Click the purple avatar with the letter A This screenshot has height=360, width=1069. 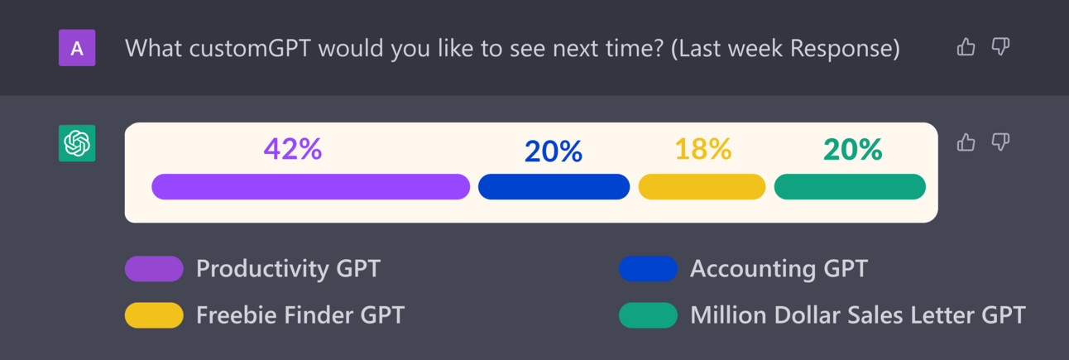[x=77, y=48]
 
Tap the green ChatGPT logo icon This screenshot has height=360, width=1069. [x=77, y=143]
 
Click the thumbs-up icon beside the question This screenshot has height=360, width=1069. [x=966, y=47]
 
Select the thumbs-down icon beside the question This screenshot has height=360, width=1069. [x=1001, y=47]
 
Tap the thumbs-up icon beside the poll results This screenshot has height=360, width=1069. [x=966, y=142]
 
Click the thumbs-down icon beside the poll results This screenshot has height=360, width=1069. [x=1001, y=142]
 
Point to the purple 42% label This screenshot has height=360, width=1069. [x=293, y=149]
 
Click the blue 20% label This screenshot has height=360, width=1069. [x=554, y=151]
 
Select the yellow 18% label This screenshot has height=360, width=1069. [x=703, y=149]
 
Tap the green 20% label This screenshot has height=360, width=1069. [x=853, y=150]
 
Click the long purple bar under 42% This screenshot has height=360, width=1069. [x=310, y=187]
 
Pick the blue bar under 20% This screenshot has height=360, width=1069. [x=554, y=187]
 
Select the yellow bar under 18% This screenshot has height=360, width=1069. [x=702, y=187]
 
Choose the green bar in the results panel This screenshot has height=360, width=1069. [x=850, y=187]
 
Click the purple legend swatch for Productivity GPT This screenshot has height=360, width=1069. [x=154, y=269]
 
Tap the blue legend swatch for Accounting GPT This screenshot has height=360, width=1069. [x=648, y=269]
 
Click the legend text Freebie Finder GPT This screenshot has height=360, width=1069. [x=300, y=315]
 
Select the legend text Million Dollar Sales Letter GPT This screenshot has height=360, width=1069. [x=858, y=315]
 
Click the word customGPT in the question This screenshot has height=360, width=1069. [x=250, y=48]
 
